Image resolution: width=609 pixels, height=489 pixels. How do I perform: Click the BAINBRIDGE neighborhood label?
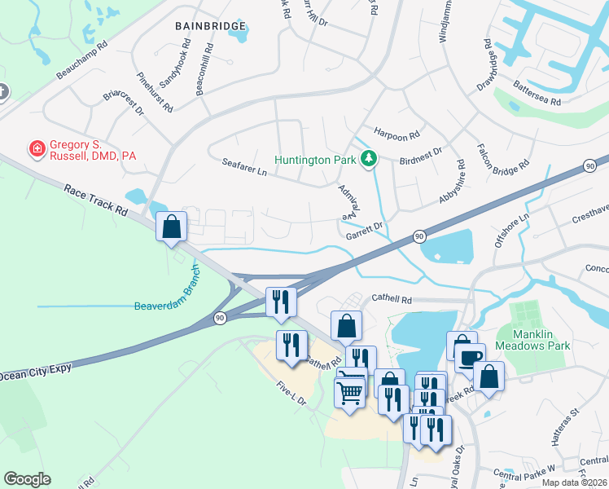click(210, 26)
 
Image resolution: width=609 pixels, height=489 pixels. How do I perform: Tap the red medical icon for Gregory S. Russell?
click(37, 148)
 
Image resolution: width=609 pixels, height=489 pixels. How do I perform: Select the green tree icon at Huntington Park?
click(369, 158)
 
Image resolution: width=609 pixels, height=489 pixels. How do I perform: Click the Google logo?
click(27, 479)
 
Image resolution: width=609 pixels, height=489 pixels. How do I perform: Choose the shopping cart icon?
click(350, 392)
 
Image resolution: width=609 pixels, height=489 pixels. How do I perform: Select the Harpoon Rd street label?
click(397, 133)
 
